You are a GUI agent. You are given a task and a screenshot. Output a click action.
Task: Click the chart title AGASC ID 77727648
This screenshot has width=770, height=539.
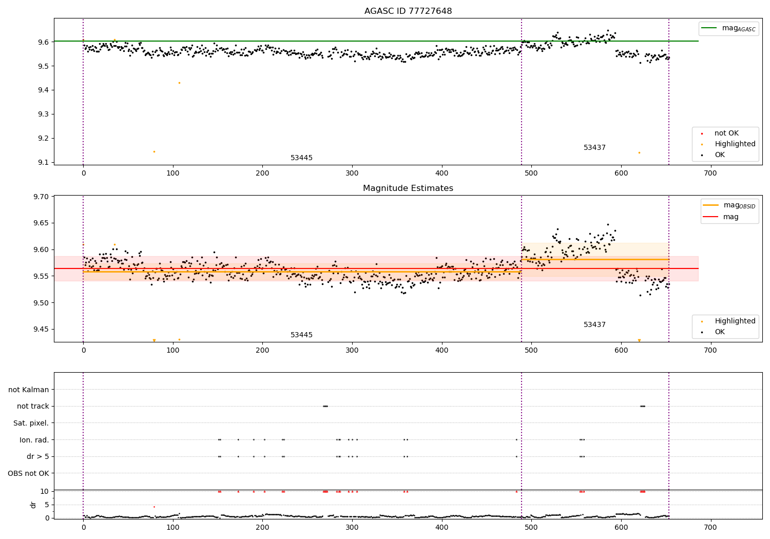408,11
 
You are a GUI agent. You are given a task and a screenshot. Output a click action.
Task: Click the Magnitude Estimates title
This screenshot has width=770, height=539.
408,188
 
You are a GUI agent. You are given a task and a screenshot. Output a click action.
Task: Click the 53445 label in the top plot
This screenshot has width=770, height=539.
301,158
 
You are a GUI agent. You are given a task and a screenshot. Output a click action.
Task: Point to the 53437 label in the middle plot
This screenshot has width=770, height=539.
594,325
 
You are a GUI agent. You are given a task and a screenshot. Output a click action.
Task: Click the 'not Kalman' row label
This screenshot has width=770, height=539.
29,390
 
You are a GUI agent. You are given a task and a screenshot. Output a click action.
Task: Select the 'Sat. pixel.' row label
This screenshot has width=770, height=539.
31,423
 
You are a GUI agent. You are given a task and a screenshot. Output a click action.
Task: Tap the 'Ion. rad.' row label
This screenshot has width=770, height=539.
34,440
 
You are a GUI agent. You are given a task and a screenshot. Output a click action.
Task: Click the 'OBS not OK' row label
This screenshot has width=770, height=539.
28,473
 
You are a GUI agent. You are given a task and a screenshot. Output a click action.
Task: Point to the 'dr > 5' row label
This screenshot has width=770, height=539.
37,456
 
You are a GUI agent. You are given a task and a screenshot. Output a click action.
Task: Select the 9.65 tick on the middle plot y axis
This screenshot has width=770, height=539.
41,223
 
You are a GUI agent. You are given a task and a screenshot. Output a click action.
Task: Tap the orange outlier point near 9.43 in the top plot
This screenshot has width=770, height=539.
179,83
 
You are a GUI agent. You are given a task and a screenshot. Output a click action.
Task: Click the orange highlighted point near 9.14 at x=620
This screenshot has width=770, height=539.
639,152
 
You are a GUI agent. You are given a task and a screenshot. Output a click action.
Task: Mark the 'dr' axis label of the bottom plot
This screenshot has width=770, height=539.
33,505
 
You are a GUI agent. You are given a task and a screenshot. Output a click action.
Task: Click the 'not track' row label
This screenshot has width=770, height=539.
33,407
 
